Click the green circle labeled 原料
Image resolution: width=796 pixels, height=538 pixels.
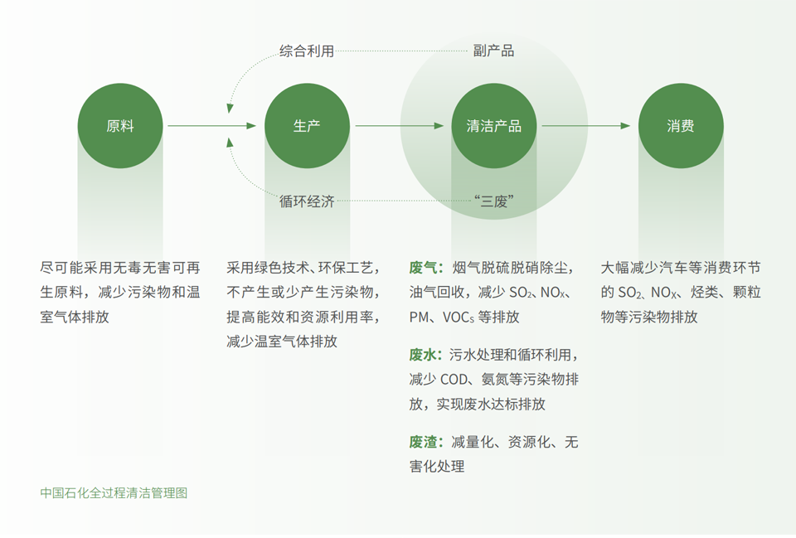tap(120, 126)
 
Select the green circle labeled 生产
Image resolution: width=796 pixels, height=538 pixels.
tap(307, 126)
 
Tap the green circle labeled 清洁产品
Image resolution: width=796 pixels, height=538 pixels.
tap(494, 126)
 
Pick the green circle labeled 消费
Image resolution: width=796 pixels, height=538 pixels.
tap(681, 126)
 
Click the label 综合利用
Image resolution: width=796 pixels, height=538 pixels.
tap(307, 51)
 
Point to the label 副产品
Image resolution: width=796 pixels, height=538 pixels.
tap(493, 51)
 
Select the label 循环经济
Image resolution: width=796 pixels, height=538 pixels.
tap(307, 201)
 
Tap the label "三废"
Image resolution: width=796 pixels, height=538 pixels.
tap(494, 201)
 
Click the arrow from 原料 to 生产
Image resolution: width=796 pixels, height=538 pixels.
tap(212, 125)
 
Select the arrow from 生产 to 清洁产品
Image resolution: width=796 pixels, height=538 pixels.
tap(400, 125)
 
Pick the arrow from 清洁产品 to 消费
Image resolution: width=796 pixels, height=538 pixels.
tap(586, 125)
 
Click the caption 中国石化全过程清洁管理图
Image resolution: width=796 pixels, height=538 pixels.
tap(114, 493)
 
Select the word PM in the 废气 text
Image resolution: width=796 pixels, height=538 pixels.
tap(420, 317)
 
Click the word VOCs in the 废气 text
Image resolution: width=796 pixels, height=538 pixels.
tap(459, 317)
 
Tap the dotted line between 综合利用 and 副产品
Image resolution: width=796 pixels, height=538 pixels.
tap(401, 51)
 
